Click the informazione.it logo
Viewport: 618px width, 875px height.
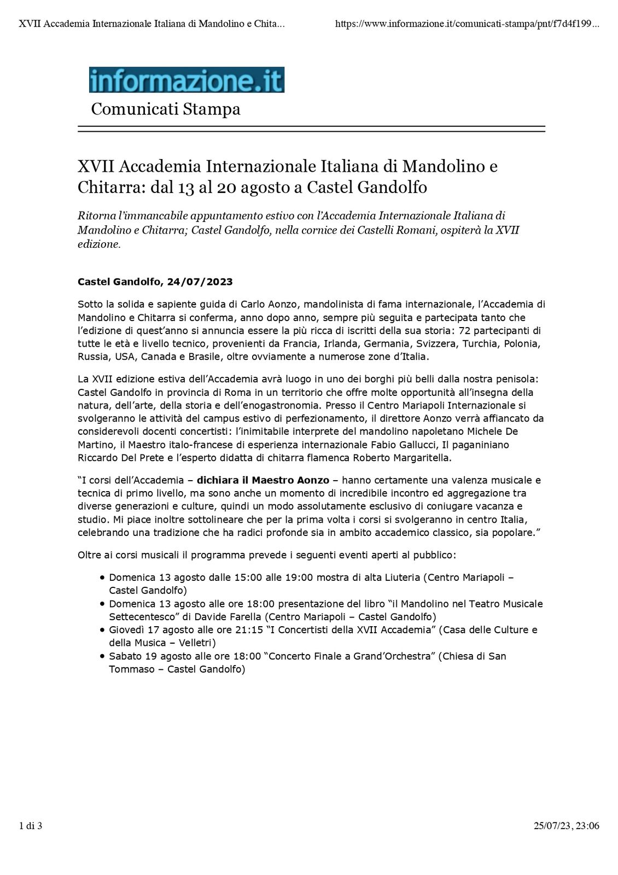coord(186,80)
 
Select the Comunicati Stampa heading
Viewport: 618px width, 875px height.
coord(165,109)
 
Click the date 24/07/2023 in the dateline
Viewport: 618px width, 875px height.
coord(200,282)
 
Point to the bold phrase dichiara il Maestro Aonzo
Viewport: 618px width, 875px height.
coord(263,481)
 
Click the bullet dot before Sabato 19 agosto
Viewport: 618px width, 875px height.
coord(102,656)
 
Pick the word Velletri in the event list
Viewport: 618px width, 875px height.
coord(194,643)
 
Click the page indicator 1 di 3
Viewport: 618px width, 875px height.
coord(31,826)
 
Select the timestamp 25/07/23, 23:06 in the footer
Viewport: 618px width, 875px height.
coord(566,826)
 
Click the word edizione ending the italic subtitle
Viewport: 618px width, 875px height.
coord(98,244)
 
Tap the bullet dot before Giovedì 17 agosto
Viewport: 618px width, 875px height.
coord(102,630)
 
